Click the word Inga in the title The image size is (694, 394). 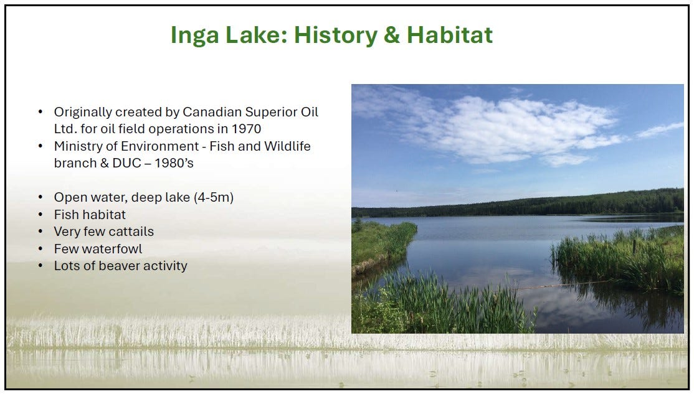click(x=195, y=35)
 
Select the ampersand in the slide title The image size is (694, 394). click(x=392, y=35)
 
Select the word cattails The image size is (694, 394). click(x=131, y=232)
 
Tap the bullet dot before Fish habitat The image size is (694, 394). click(x=40, y=215)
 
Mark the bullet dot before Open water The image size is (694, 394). click(x=40, y=197)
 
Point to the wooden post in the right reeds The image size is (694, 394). click(x=634, y=246)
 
